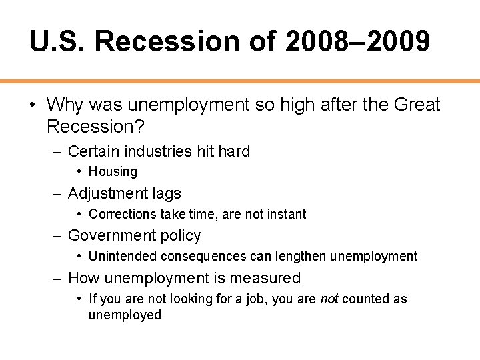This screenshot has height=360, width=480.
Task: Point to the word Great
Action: pos(417,105)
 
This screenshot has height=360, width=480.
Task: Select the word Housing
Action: pos(113,171)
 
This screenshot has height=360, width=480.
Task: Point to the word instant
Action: pos(284,214)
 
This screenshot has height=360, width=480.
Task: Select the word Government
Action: pos(108,235)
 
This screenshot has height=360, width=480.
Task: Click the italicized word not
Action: pos(329,299)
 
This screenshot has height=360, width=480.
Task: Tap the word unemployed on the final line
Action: pos(125,315)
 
